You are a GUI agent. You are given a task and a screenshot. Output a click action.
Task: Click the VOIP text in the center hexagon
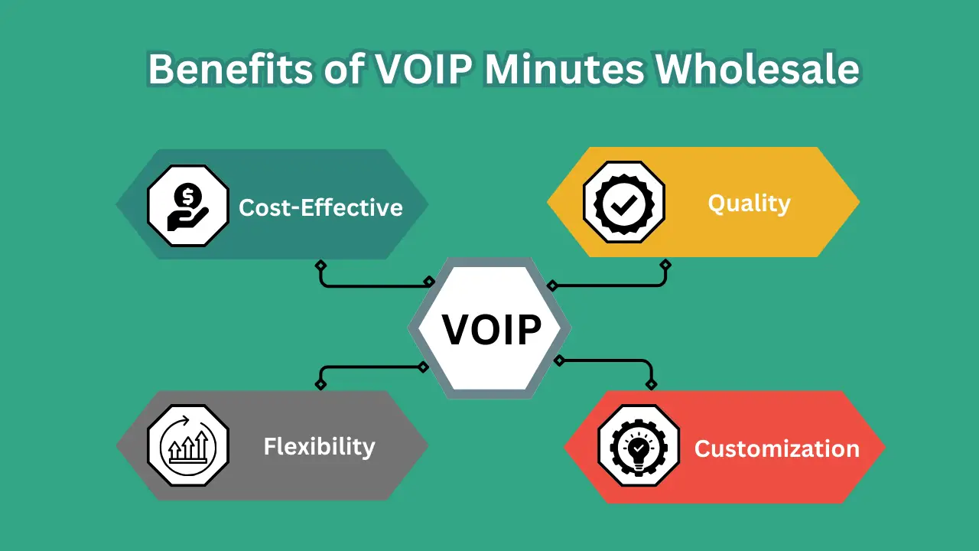click(491, 330)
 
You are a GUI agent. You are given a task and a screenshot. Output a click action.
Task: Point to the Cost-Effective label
click(320, 207)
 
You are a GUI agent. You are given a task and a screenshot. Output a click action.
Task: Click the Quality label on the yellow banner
click(749, 204)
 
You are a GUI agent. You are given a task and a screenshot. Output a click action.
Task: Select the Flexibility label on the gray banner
click(319, 446)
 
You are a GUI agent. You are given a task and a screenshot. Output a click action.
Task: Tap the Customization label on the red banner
click(776, 448)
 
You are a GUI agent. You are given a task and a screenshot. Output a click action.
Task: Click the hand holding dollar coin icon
click(187, 207)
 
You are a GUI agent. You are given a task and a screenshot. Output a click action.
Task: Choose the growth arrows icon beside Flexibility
click(187, 445)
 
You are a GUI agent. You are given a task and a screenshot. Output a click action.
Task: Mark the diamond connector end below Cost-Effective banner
click(320, 265)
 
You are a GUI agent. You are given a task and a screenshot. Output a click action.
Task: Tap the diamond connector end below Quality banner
click(665, 265)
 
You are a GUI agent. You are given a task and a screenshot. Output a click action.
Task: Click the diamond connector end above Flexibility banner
click(320, 384)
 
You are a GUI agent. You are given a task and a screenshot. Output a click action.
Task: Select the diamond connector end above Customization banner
click(651, 384)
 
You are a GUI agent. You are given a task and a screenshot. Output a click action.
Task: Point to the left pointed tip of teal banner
click(118, 204)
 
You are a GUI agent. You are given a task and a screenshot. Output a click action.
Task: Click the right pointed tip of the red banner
click(883, 447)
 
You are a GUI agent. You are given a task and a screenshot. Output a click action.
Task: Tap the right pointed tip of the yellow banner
click(858, 203)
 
